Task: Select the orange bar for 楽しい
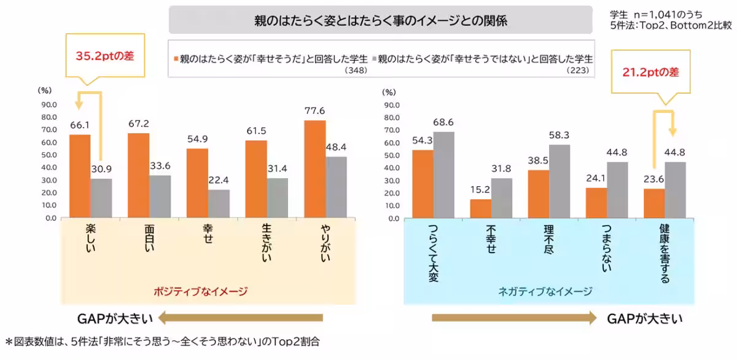point(80,176)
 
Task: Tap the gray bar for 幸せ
point(219,203)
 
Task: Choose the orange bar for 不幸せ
point(480,208)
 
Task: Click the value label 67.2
point(138,123)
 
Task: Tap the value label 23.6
point(654,179)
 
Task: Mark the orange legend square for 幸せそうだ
point(176,59)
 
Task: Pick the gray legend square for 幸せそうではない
point(374,59)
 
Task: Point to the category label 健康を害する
point(665,253)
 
